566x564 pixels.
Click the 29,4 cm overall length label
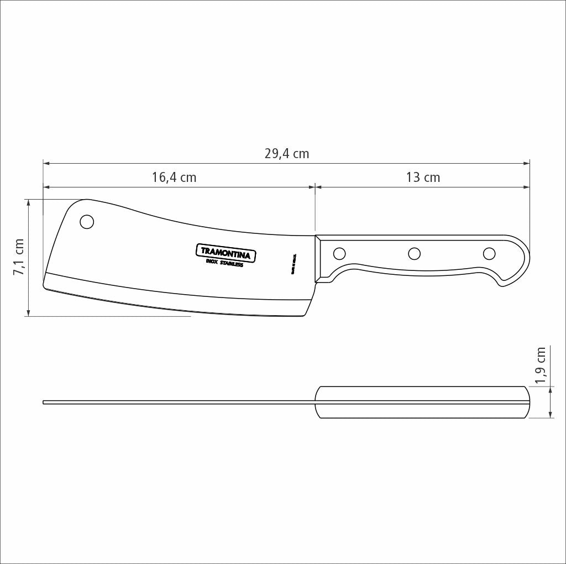click(286, 154)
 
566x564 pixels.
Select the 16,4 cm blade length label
click(174, 177)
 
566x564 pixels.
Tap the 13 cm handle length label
click(423, 177)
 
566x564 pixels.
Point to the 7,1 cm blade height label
click(19, 257)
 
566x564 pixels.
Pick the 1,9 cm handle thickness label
click(541, 365)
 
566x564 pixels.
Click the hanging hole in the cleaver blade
click(87, 222)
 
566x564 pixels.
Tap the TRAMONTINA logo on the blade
click(227, 253)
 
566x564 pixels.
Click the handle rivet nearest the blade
click(339, 254)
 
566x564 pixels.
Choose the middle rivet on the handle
click(414, 254)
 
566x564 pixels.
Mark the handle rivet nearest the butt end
click(489, 254)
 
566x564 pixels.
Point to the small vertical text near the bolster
click(294, 265)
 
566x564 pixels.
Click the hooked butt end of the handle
click(517, 271)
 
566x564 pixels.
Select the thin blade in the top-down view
click(177, 402)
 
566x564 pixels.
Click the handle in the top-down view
click(423, 402)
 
